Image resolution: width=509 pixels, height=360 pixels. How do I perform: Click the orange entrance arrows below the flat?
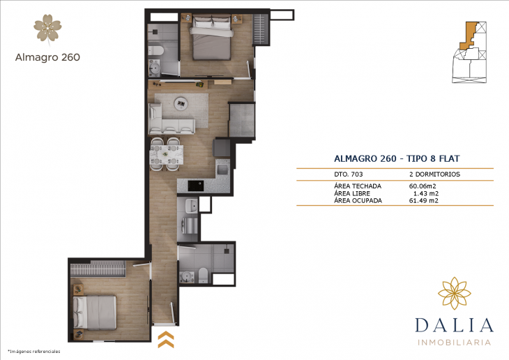tap(166, 340)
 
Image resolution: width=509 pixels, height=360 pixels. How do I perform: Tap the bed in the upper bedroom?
tap(211, 40)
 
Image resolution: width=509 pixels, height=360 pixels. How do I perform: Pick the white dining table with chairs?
tap(167, 155)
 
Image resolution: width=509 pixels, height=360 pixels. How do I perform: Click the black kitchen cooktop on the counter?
tap(195, 186)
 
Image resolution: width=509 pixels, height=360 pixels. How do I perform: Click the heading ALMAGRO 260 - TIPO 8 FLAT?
tap(395, 158)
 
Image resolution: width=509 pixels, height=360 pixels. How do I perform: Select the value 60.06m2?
tap(423, 186)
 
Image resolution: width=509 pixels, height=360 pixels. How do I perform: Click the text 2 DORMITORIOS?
tap(434, 174)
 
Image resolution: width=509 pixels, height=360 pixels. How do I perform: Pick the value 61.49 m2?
tap(424, 201)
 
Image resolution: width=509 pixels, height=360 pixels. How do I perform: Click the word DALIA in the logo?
tap(454, 326)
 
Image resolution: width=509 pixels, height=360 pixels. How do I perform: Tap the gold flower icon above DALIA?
tap(454, 292)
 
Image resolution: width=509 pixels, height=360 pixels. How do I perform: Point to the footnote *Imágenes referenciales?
tap(33, 350)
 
